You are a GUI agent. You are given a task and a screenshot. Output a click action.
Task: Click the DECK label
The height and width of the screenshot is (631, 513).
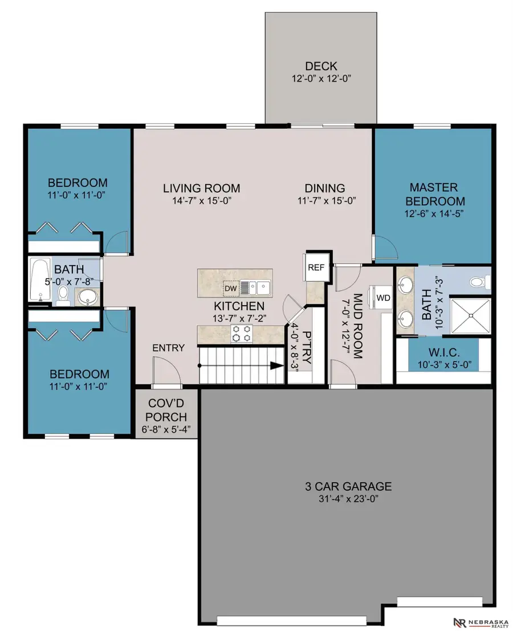click(321, 66)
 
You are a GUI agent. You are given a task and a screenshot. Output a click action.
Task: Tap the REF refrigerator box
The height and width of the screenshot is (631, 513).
click(316, 267)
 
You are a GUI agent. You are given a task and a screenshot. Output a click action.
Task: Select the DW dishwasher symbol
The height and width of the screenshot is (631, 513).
click(231, 288)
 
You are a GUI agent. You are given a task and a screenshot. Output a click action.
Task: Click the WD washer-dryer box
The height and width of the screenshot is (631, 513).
click(383, 298)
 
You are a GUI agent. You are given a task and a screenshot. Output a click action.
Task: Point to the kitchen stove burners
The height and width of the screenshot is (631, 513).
click(242, 333)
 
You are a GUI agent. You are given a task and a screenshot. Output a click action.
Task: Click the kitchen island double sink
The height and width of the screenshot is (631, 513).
click(256, 288)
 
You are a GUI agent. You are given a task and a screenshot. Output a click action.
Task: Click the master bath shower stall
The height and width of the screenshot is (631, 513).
click(470, 316)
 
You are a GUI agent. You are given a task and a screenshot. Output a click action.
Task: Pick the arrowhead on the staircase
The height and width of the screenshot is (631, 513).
click(276, 365)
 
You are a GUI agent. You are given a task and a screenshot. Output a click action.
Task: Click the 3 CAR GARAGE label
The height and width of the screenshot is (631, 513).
click(348, 486)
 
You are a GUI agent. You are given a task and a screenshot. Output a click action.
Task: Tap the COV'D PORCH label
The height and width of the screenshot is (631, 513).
click(166, 410)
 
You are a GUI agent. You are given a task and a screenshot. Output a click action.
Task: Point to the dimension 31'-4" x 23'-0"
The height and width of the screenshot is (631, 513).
click(348, 499)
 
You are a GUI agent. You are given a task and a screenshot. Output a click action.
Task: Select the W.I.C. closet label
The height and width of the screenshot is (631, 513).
click(444, 352)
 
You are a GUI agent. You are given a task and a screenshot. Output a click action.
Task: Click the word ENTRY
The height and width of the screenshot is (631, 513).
click(168, 348)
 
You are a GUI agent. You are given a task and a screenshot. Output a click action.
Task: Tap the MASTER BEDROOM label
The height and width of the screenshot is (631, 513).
click(434, 194)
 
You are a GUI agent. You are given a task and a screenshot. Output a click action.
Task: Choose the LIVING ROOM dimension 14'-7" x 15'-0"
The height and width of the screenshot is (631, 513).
click(202, 201)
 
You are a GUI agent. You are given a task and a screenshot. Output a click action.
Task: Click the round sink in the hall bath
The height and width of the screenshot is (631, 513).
click(88, 298)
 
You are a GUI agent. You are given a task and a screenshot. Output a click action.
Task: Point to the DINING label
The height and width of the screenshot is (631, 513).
click(325, 188)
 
